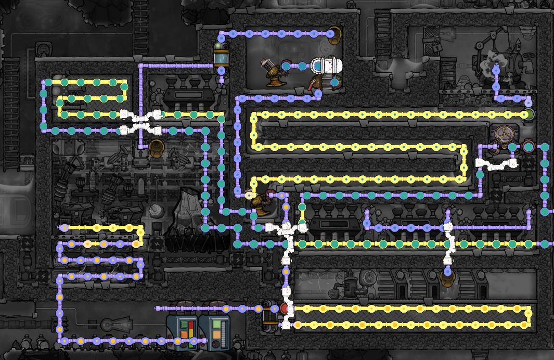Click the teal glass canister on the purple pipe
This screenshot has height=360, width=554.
221,57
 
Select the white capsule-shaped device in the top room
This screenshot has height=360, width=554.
327,66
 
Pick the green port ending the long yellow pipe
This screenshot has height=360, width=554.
529,114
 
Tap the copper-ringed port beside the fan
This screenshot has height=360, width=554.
529,146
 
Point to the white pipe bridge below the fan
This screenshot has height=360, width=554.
496,164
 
